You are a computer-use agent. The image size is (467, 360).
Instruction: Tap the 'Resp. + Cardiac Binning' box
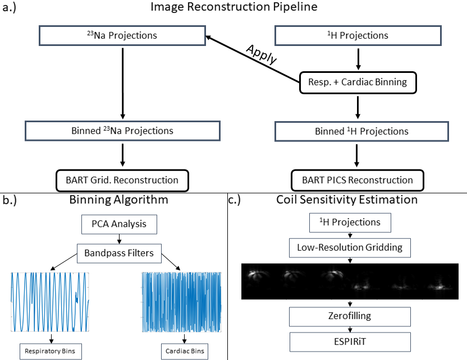358,82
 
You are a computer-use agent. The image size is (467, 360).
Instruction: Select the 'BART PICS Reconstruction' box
357,180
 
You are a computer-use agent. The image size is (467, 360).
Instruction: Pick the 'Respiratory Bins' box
51,352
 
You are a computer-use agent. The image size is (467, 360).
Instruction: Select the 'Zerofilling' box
350,316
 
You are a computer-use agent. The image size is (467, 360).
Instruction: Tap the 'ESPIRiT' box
350,341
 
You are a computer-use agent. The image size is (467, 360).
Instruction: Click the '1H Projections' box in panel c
350,222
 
